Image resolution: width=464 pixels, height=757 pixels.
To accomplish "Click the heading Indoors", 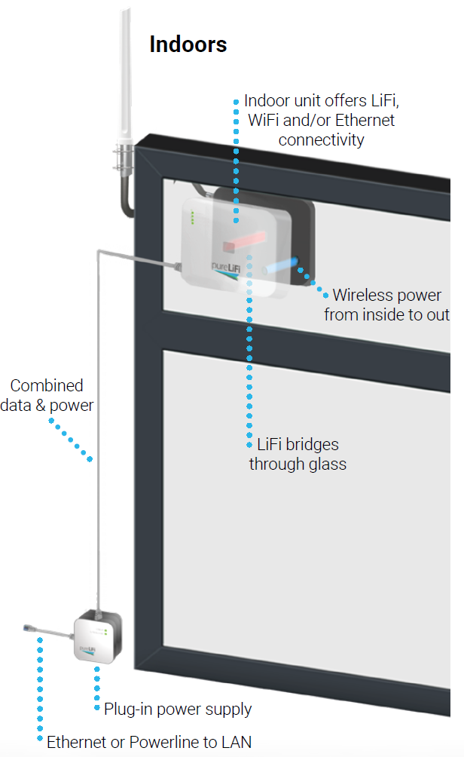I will (x=188, y=44).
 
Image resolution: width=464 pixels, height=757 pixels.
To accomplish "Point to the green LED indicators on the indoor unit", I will (x=192, y=217).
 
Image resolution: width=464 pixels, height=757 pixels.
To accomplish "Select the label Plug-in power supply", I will (x=178, y=709).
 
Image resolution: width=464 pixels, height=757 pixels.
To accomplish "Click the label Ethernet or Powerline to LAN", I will (x=149, y=742).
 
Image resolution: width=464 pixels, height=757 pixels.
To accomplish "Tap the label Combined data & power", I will (x=51, y=395).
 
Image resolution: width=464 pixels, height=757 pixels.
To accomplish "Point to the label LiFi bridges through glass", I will (x=298, y=454).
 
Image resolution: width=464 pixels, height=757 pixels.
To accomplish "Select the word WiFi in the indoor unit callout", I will (x=268, y=120).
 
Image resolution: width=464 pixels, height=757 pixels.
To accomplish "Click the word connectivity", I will (x=321, y=139).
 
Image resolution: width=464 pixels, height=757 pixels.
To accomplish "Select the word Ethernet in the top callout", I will (x=365, y=120).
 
